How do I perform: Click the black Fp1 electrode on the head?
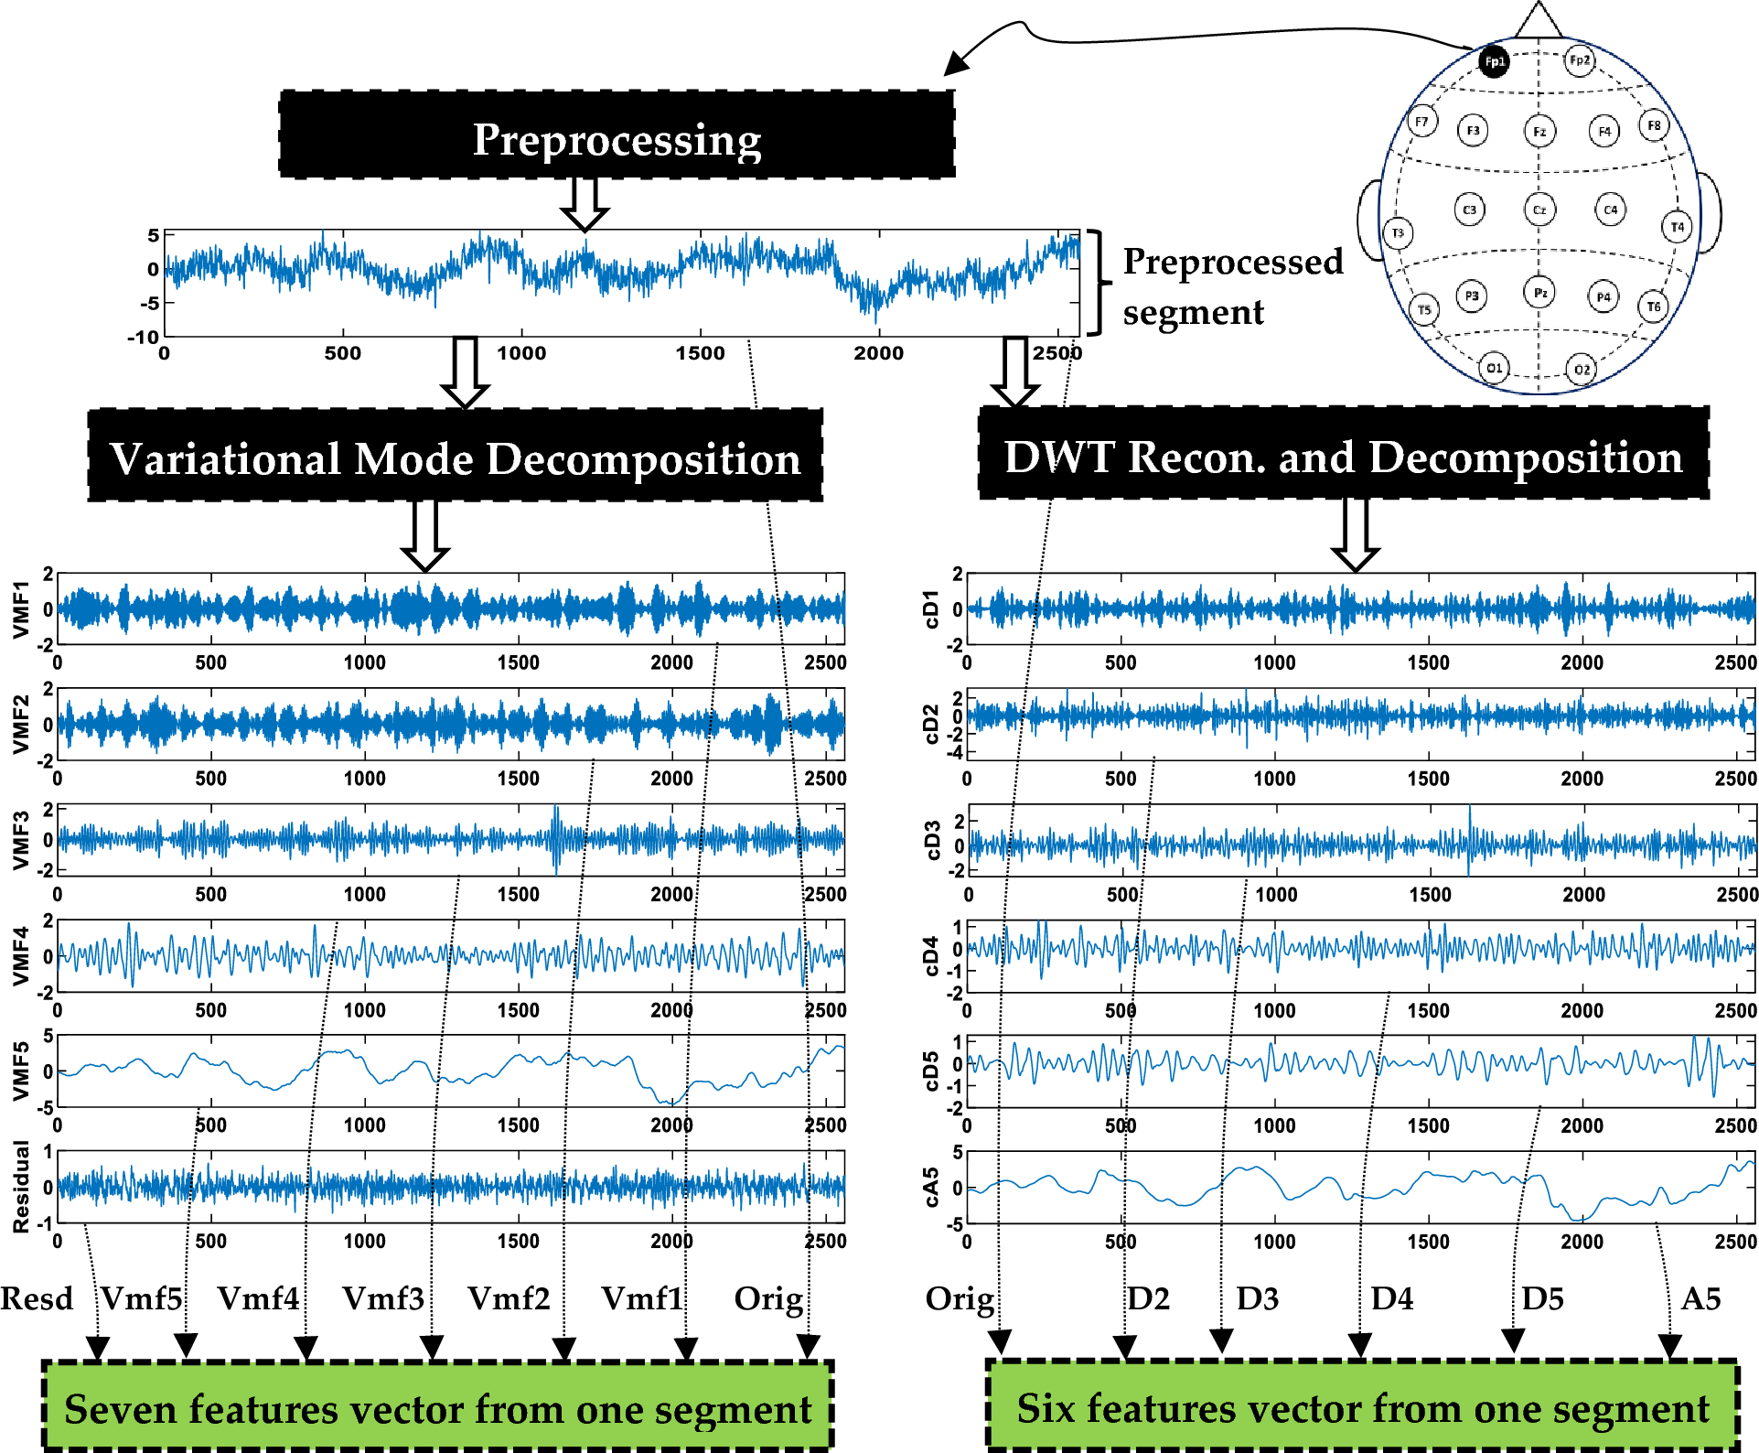tap(1494, 61)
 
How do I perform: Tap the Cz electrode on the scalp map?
tap(1539, 210)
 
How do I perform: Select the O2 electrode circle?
tap(1582, 369)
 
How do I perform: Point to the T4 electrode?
tap(1677, 226)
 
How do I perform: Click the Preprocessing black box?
tap(617, 135)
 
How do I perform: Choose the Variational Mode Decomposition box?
tap(455, 456)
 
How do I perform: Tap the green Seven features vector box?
tap(437, 1407)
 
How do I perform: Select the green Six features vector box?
tap(1362, 1406)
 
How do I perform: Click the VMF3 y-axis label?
tap(20, 840)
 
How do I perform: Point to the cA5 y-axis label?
tap(930, 1187)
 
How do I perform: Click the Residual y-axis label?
tap(20, 1187)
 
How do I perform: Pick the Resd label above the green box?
tap(37, 1298)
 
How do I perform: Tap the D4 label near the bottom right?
tap(1392, 1298)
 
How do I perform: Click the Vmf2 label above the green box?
tap(509, 1298)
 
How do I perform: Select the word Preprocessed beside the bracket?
tap(1233, 262)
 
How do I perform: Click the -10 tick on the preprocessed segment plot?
tap(143, 337)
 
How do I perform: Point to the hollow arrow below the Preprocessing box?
tap(585, 204)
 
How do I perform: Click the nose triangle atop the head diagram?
tap(1539, 20)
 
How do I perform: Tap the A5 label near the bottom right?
tap(1700, 1298)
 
